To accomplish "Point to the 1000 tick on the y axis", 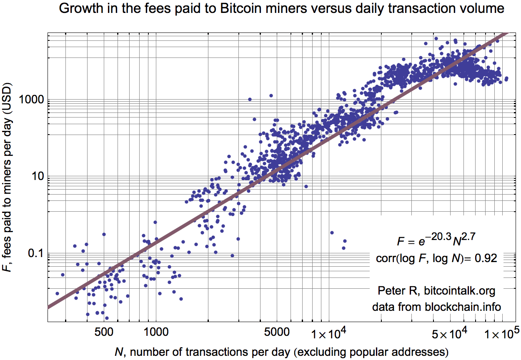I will pos(34,100).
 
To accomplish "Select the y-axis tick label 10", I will pos(38,177).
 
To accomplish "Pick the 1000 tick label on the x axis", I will pos(155,332).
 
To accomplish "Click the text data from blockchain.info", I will pos(436,307).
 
